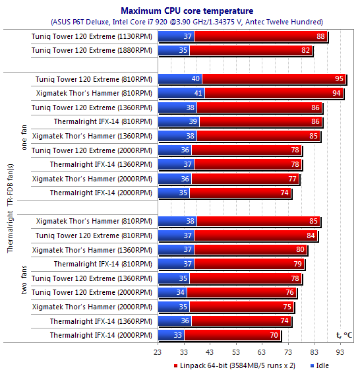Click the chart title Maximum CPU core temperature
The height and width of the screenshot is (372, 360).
tap(187, 11)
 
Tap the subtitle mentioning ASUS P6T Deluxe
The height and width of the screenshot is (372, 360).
tap(187, 22)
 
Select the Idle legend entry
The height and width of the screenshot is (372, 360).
tap(319, 365)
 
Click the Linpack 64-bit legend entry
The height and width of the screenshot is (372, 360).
tap(234, 365)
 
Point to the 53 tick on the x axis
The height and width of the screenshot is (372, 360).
tap(236, 352)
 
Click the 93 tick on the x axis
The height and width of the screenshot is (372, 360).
tap(340, 352)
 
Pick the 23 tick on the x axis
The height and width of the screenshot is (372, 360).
tap(158, 352)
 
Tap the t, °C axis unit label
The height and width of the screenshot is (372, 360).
tap(344, 335)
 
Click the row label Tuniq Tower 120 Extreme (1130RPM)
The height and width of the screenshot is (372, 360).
tap(92, 36)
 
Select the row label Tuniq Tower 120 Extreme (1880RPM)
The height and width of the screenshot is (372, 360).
tap(92, 51)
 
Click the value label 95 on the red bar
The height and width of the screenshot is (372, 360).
tap(339, 78)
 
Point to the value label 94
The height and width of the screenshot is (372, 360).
tap(336, 93)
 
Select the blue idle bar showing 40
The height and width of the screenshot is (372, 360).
tap(180, 78)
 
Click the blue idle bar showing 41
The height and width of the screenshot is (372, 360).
tap(181, 93)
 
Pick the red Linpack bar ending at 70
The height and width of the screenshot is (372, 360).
tap(232, 335)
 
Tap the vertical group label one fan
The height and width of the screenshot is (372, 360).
tap(24, 138)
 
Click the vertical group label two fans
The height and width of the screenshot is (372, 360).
tap(24, 280)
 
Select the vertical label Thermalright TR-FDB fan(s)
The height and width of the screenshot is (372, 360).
tap(11, 208)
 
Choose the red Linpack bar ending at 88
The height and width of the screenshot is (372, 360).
tap(260, 36)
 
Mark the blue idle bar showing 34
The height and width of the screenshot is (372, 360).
tap(172, 292)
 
